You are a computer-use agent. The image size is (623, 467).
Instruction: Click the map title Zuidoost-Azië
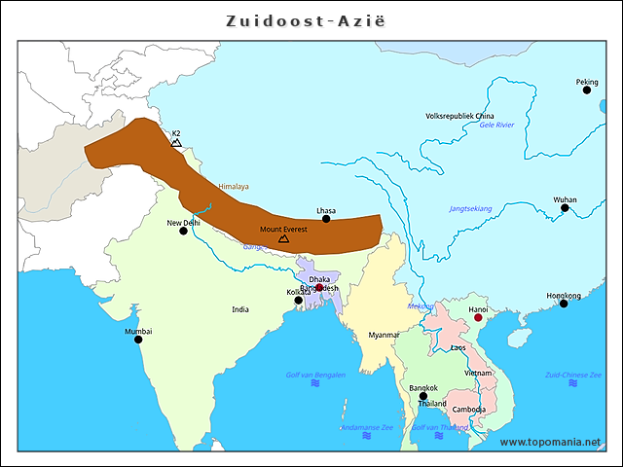point(311,19)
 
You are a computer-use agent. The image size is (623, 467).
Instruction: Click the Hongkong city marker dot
point(564,305)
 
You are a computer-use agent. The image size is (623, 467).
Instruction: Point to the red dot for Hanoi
point(478,318)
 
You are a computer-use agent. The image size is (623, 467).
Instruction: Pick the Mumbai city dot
point(138,340)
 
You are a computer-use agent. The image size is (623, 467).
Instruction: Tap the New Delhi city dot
point(183,232)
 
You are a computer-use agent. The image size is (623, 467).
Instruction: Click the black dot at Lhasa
point(326,219)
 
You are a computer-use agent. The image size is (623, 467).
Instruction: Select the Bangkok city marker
point(422,396)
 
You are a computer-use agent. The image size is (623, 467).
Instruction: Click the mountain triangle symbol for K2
point(176,142)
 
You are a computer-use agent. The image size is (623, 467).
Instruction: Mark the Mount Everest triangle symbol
point(283,237)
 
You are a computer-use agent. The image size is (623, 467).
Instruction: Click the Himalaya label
point(234,187)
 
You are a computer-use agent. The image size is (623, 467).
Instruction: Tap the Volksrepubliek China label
point(460,116)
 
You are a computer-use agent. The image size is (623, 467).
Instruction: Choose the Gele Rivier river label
point(496,126)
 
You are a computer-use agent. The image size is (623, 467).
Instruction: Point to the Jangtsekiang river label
point(470,208)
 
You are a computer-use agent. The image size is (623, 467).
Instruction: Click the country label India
point(239,309)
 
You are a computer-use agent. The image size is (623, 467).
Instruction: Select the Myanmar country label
point(384,335)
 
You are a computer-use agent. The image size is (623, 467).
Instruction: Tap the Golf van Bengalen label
point(315,375)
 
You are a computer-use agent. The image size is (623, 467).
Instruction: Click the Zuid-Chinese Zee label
point(569,375)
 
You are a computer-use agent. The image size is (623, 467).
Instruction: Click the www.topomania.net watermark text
point(550,442)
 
